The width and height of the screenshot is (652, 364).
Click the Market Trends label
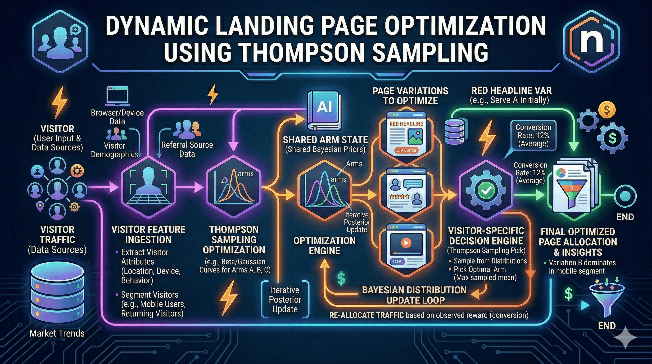(x=57, y=333)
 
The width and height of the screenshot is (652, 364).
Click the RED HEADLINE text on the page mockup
(x=406, y=124)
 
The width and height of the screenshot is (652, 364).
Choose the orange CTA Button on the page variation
(x=406, y=150)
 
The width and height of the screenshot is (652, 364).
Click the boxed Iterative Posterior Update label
(x=285, y=300)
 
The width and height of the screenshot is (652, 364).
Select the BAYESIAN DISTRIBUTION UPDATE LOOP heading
(x=414, y=295)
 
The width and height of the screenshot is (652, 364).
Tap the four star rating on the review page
(x=399, y=196)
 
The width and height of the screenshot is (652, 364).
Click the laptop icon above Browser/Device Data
(x=117, y=96)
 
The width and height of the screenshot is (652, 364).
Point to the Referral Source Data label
(x=187, y=149)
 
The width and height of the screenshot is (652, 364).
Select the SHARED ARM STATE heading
(x=325, y=140)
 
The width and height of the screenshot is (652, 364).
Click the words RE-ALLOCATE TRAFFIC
(x=366, y=315)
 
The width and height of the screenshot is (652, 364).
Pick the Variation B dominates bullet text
(x=582, y=267)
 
